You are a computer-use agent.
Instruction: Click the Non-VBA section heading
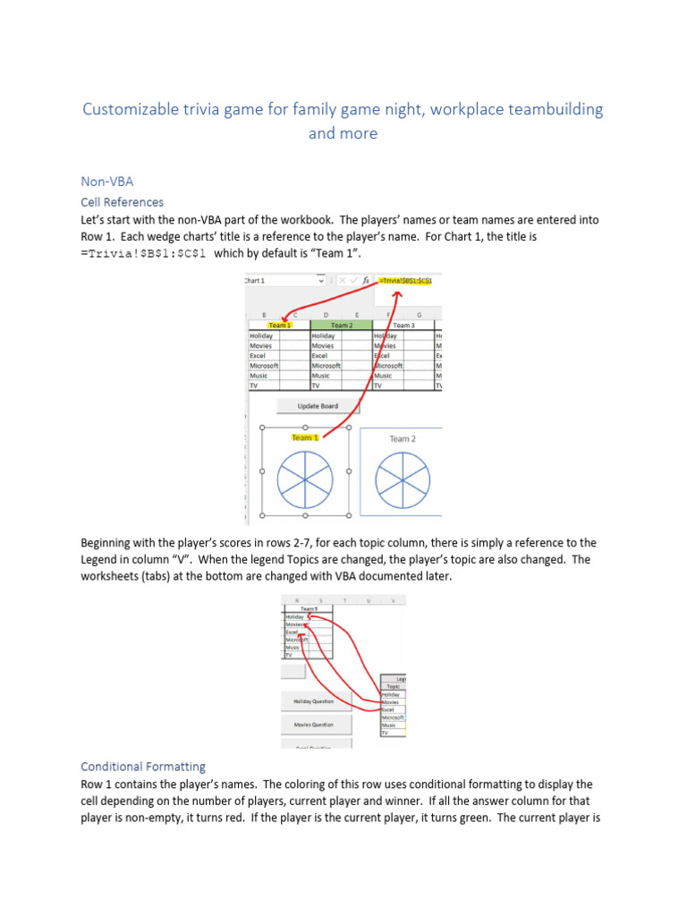(x=106, y=181)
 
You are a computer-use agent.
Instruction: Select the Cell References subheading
(x=122, y=201)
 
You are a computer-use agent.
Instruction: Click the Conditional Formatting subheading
(x=143, y=767)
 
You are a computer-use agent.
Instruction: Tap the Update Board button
(x=318, y=406)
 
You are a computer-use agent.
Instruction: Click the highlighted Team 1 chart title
(x=304, y=437)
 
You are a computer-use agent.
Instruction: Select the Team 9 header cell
(x=309, y=608)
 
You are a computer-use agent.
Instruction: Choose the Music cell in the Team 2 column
(x=323, y=377)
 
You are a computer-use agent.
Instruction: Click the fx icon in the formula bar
(x=366, y=281)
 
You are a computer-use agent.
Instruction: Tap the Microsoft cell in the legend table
(x=393, y=717)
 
